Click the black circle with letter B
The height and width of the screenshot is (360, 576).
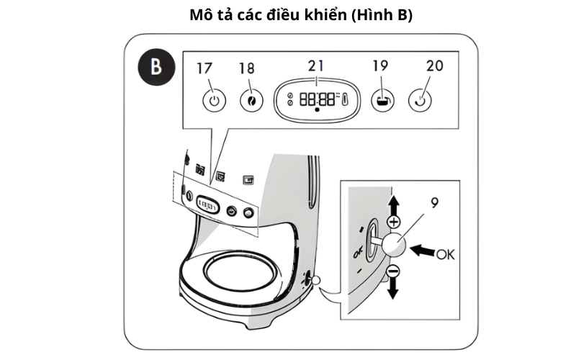155,68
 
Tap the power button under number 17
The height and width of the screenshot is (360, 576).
212,100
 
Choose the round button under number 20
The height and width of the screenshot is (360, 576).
422,100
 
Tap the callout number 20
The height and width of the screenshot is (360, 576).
435,66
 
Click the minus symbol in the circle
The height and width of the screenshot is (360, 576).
393,271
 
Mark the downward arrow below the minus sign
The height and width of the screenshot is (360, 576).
393,290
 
